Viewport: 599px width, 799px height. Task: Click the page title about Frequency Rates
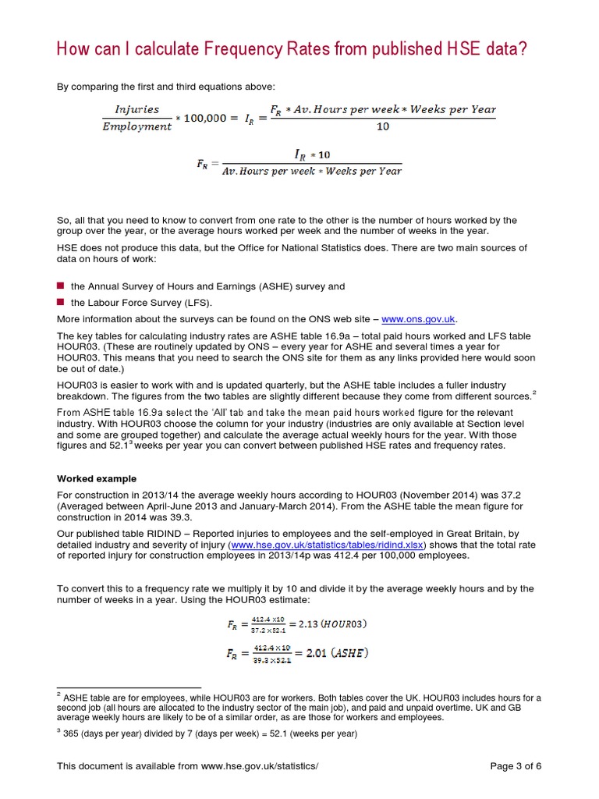[292, 49]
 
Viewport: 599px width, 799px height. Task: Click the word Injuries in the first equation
[136, 110]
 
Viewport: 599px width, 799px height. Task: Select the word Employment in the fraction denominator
[137, 126]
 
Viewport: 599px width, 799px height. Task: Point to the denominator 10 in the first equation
[382, 126]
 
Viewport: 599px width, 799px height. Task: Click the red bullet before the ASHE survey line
[60, 286]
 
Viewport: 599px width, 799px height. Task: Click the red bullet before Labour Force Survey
[60, 302]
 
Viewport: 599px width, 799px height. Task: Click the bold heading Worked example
[97, 478]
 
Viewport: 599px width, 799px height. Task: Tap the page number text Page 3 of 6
[516, 765]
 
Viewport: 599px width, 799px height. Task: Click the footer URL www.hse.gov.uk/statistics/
[260, 765]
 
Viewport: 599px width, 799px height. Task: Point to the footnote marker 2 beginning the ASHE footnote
[58, 694]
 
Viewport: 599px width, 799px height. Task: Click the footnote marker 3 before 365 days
[58, 731]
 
